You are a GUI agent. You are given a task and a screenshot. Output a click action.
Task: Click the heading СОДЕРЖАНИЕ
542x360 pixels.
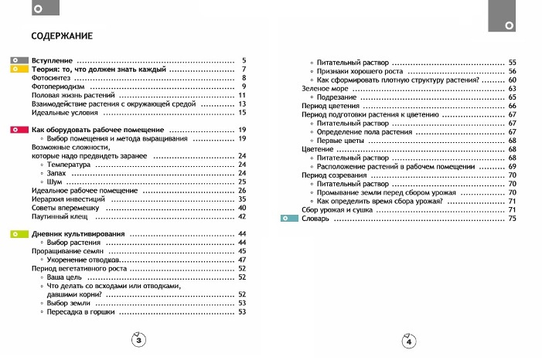pyautogui.click(x=62, y=36)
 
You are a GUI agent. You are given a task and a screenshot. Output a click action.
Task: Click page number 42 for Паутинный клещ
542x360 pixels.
pyautogui.click(x=241, y=217)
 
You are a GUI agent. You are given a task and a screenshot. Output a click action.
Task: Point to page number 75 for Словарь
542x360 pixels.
pyautogui.click(x=512, y=219)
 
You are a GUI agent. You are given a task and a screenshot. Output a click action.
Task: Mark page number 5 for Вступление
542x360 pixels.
pyautogui.click(x=244, y=60)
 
